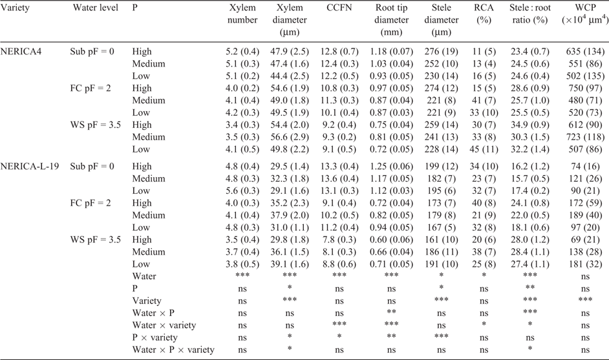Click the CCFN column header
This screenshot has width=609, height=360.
[339, 8]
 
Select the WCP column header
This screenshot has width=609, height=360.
[585, 14]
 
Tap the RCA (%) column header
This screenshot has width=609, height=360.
[484, 14]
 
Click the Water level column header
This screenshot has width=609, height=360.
[96, 8]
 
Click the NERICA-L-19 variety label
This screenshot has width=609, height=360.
[30, 167]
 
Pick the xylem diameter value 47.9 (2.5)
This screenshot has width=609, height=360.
[290, 52]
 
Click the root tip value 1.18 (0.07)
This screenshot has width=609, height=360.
[391, 52]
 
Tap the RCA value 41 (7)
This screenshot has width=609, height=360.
[484, 101]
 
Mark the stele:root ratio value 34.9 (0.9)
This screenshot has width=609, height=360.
[529, 125]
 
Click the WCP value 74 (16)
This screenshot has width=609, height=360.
[585, 167]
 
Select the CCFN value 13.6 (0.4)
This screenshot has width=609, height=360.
[339, 178]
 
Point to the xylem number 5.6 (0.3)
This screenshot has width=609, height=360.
[242, 191]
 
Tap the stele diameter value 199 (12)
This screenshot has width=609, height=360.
[441, 167]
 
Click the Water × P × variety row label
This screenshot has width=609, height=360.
[173, 350]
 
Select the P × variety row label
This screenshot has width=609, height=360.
[155, 337]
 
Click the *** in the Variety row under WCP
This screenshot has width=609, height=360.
[585, 299]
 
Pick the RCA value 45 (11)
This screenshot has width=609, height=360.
[484, 149]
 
